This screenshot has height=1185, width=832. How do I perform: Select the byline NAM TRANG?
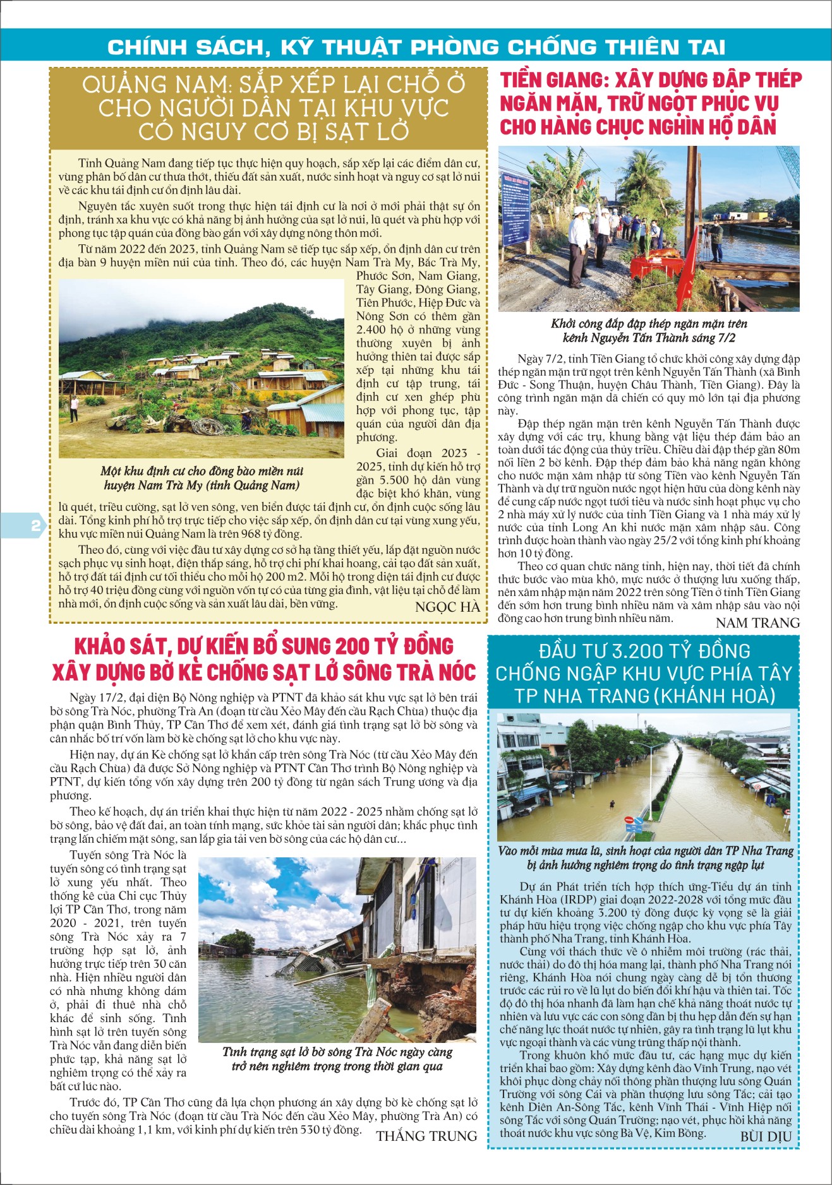(x=757, y=622)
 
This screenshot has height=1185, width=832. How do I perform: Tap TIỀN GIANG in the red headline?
(x=552, y=80)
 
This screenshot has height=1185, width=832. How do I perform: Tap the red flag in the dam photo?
(x=685, y=271)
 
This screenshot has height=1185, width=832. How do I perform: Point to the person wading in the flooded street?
(x=612, y=805)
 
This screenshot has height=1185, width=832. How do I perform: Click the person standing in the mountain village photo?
(x=75, y=408)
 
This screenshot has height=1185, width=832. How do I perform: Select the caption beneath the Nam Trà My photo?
(x=202, y=478)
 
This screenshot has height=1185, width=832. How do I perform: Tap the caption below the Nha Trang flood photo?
(x=645, y=857)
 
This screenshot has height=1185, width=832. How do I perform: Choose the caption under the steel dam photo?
(x=649, y=330)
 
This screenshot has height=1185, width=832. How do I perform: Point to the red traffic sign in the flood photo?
(x=629, y=819)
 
